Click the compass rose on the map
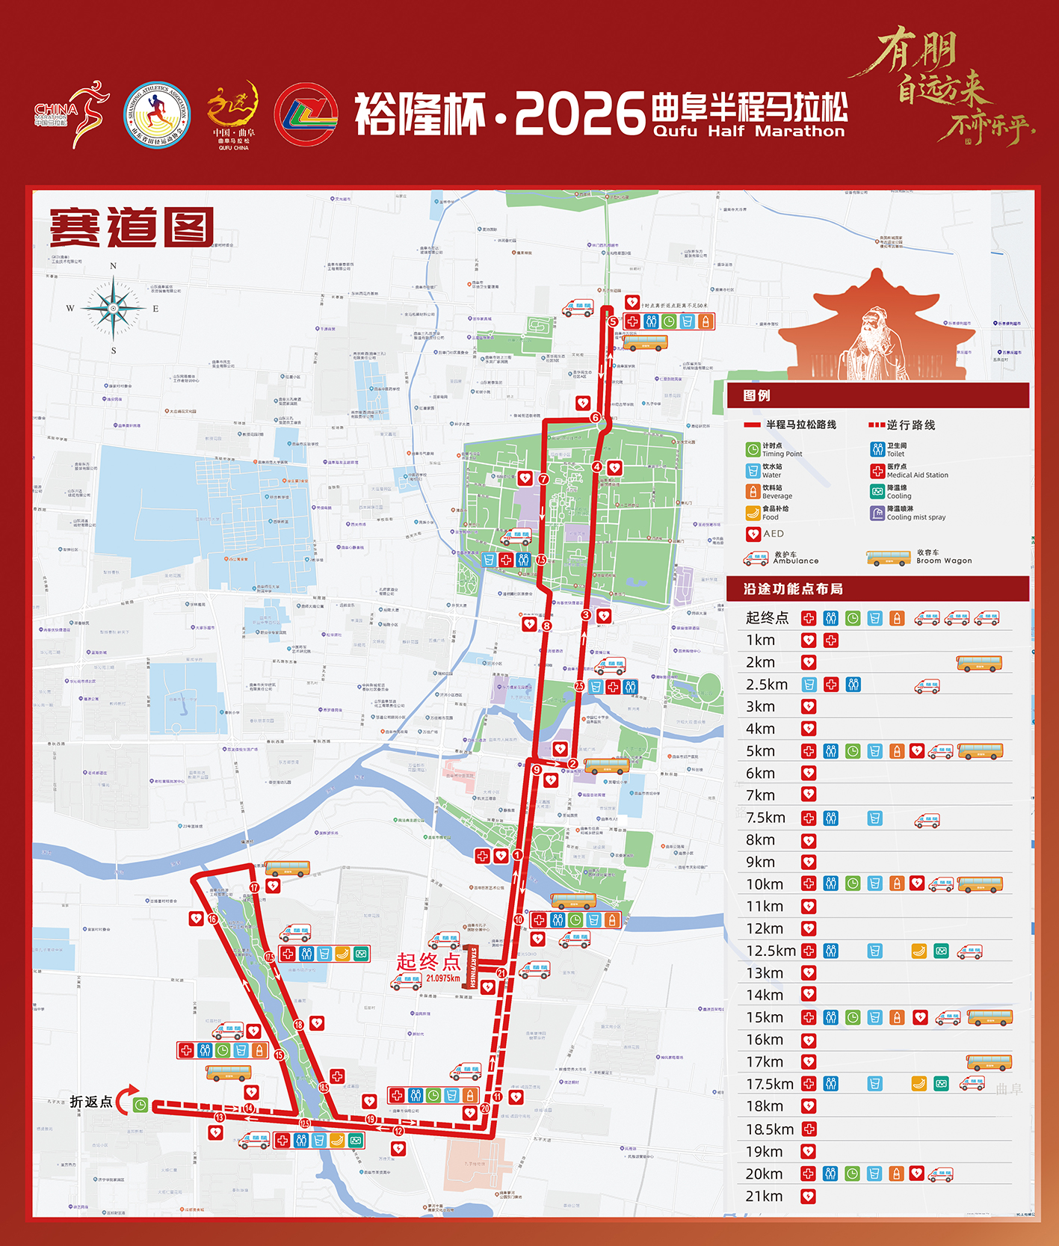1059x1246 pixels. (114, 308)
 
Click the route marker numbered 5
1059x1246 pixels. (613, 321)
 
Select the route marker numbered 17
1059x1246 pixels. (254, 887)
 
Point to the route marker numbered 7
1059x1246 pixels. (543, 479)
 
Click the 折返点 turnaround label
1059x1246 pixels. (91, 1102)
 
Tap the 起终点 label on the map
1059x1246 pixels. (428, 961)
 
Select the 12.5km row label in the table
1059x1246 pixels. (771, 951)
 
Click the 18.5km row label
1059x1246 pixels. (770, 1129)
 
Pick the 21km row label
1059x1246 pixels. (764, 1196)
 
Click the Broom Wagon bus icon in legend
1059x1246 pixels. (888, 558)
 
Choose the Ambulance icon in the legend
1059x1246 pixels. (756, 558)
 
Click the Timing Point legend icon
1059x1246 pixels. (753, 449)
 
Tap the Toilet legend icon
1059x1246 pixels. (877, 449)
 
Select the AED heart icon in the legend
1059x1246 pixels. (753, 534)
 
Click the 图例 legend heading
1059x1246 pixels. (756, 395)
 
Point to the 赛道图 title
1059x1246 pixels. (132, 227)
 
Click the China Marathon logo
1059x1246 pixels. (71, 114)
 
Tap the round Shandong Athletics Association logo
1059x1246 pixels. (157, 115)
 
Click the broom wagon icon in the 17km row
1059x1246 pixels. (988, 1062)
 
